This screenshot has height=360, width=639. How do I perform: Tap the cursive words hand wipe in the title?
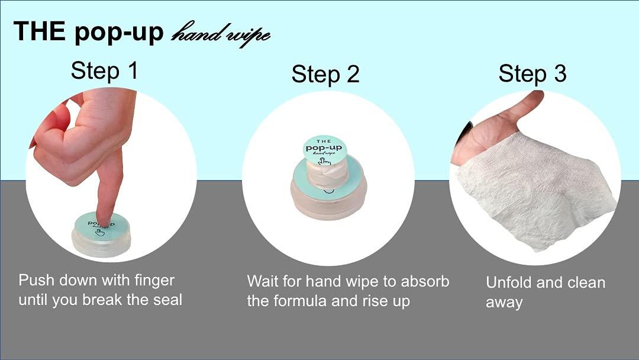tap(220, 34)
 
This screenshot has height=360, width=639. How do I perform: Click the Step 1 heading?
tap(104, 70)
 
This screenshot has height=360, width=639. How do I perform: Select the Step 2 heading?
tap(325, 75)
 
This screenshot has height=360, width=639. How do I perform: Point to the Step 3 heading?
tap(532, 74)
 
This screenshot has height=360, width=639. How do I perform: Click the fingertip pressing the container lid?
tap(105, 220)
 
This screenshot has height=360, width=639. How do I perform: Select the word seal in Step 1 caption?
tap(167, 300)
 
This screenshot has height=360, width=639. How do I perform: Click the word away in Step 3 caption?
tap(504, 303)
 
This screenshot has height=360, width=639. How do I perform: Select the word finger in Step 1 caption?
tap(154, 281)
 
